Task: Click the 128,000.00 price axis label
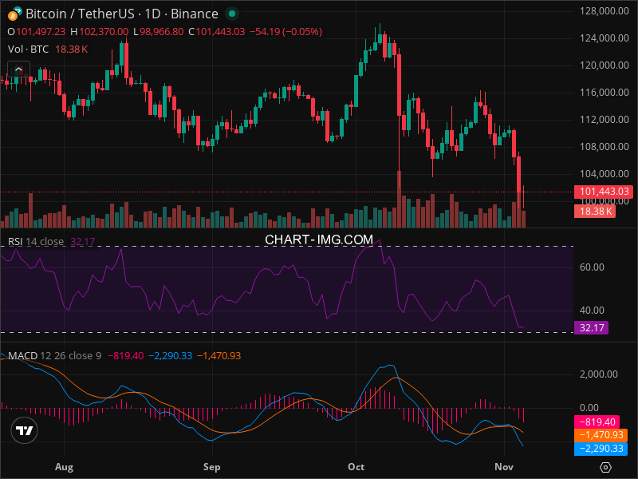600,11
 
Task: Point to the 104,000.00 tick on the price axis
600,173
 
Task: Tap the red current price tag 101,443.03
603,192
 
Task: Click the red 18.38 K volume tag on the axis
594,211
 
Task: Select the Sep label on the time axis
211,466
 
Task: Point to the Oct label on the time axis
356,466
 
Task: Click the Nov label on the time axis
503,466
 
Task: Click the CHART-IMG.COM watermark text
319,239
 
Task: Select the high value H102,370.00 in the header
100,31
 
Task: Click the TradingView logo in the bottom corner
25,431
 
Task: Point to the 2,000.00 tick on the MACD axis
599,374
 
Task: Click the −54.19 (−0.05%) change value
286,31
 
